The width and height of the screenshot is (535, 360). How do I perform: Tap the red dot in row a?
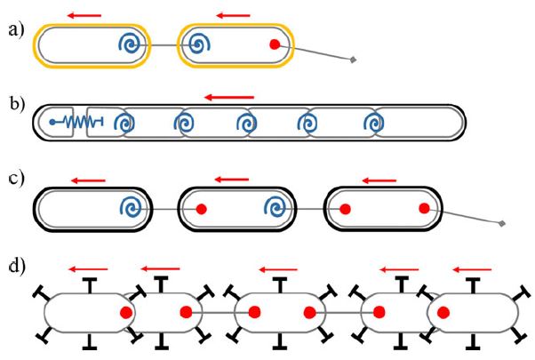(275, 44)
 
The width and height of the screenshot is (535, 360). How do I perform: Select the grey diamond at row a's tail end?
(354, 60)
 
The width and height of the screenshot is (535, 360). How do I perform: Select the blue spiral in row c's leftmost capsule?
(132, 209)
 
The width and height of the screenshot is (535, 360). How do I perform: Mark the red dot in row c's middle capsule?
(202, 210)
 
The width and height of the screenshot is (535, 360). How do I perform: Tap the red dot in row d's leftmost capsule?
(126, 313)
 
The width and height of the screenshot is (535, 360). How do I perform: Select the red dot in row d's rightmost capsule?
(445, 313)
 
